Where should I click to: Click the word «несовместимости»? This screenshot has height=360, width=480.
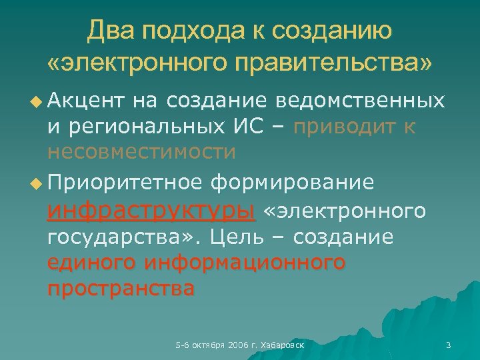[141, 153]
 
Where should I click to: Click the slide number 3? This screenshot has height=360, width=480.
[448, 345]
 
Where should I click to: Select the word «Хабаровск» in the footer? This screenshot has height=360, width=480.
[283, 345]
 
